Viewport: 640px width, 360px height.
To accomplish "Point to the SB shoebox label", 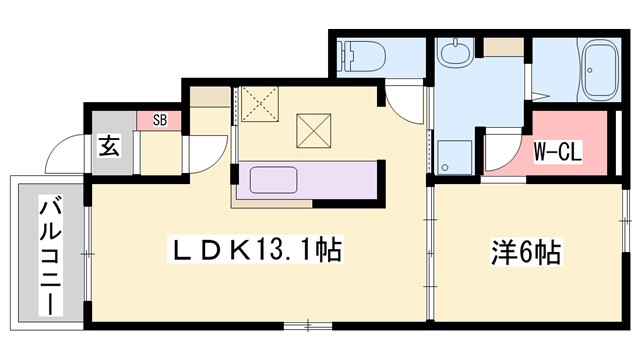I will [x=160, y=120].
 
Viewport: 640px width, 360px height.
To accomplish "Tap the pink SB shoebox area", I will [x=159, y=120].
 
